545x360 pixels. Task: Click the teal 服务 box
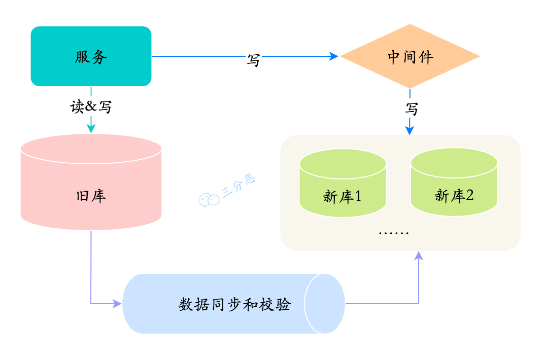(x=91, y=56)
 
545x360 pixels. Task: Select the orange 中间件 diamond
(x=410, y=56)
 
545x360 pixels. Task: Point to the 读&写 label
(x=91, y=107)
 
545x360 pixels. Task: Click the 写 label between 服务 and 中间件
(x=253, y=59)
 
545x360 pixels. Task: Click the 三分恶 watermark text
(x=239, y=187)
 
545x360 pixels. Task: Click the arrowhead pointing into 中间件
(x=334, y=56)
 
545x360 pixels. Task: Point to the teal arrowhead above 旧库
(x=91, y=129)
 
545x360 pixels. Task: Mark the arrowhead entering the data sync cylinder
(x=117, y=304)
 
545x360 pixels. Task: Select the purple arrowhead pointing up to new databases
(x=419, y=256)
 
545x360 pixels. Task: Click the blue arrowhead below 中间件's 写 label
(x=410, y=130)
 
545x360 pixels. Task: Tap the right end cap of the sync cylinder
(x=325, y=304)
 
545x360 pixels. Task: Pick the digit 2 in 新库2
(x=469, y=195)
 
